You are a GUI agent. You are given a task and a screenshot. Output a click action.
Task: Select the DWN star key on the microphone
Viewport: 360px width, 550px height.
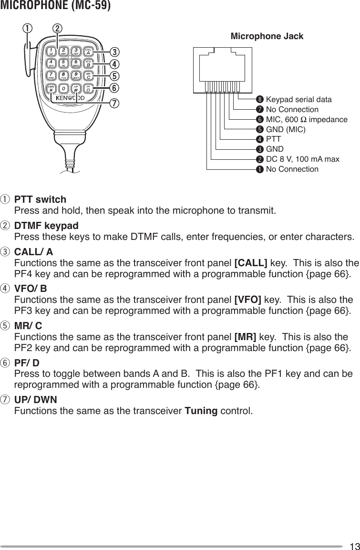pos(51,89)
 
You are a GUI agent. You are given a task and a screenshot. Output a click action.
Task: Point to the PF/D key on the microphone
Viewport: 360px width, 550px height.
pos(88,89)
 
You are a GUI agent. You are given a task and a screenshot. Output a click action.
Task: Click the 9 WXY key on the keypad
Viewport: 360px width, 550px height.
pos(76,76)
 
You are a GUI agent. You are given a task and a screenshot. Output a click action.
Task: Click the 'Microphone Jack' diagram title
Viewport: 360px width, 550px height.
pos(267,36)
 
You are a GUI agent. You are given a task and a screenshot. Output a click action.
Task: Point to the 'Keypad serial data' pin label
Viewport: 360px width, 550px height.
pos(298,100)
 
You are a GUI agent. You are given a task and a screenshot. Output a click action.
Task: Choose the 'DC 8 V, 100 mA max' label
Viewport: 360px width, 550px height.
pos(302,159)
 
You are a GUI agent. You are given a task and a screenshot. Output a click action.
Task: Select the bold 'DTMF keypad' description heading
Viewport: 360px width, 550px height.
pos(47,226)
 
